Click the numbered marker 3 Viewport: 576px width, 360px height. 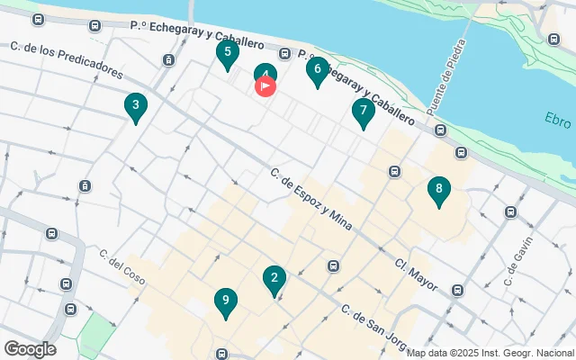click(135, 108)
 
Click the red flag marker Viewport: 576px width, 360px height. click(266, 86)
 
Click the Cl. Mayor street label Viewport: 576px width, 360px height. click(416, 274)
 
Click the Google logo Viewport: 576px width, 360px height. click(30, 349)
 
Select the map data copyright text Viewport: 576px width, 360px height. click(490, 353)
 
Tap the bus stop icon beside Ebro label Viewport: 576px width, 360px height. click(553, 39)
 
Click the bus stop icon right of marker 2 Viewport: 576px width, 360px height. click(334, 265)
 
